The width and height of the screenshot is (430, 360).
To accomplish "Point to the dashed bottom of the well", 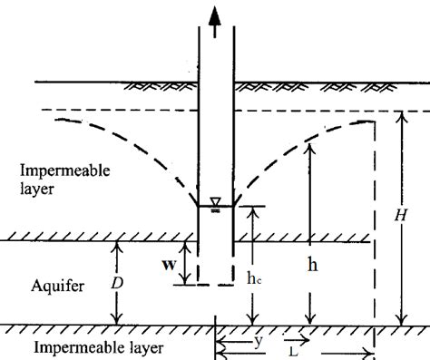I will coord(216,286).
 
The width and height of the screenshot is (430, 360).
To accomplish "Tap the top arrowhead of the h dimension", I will coord(311,146).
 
